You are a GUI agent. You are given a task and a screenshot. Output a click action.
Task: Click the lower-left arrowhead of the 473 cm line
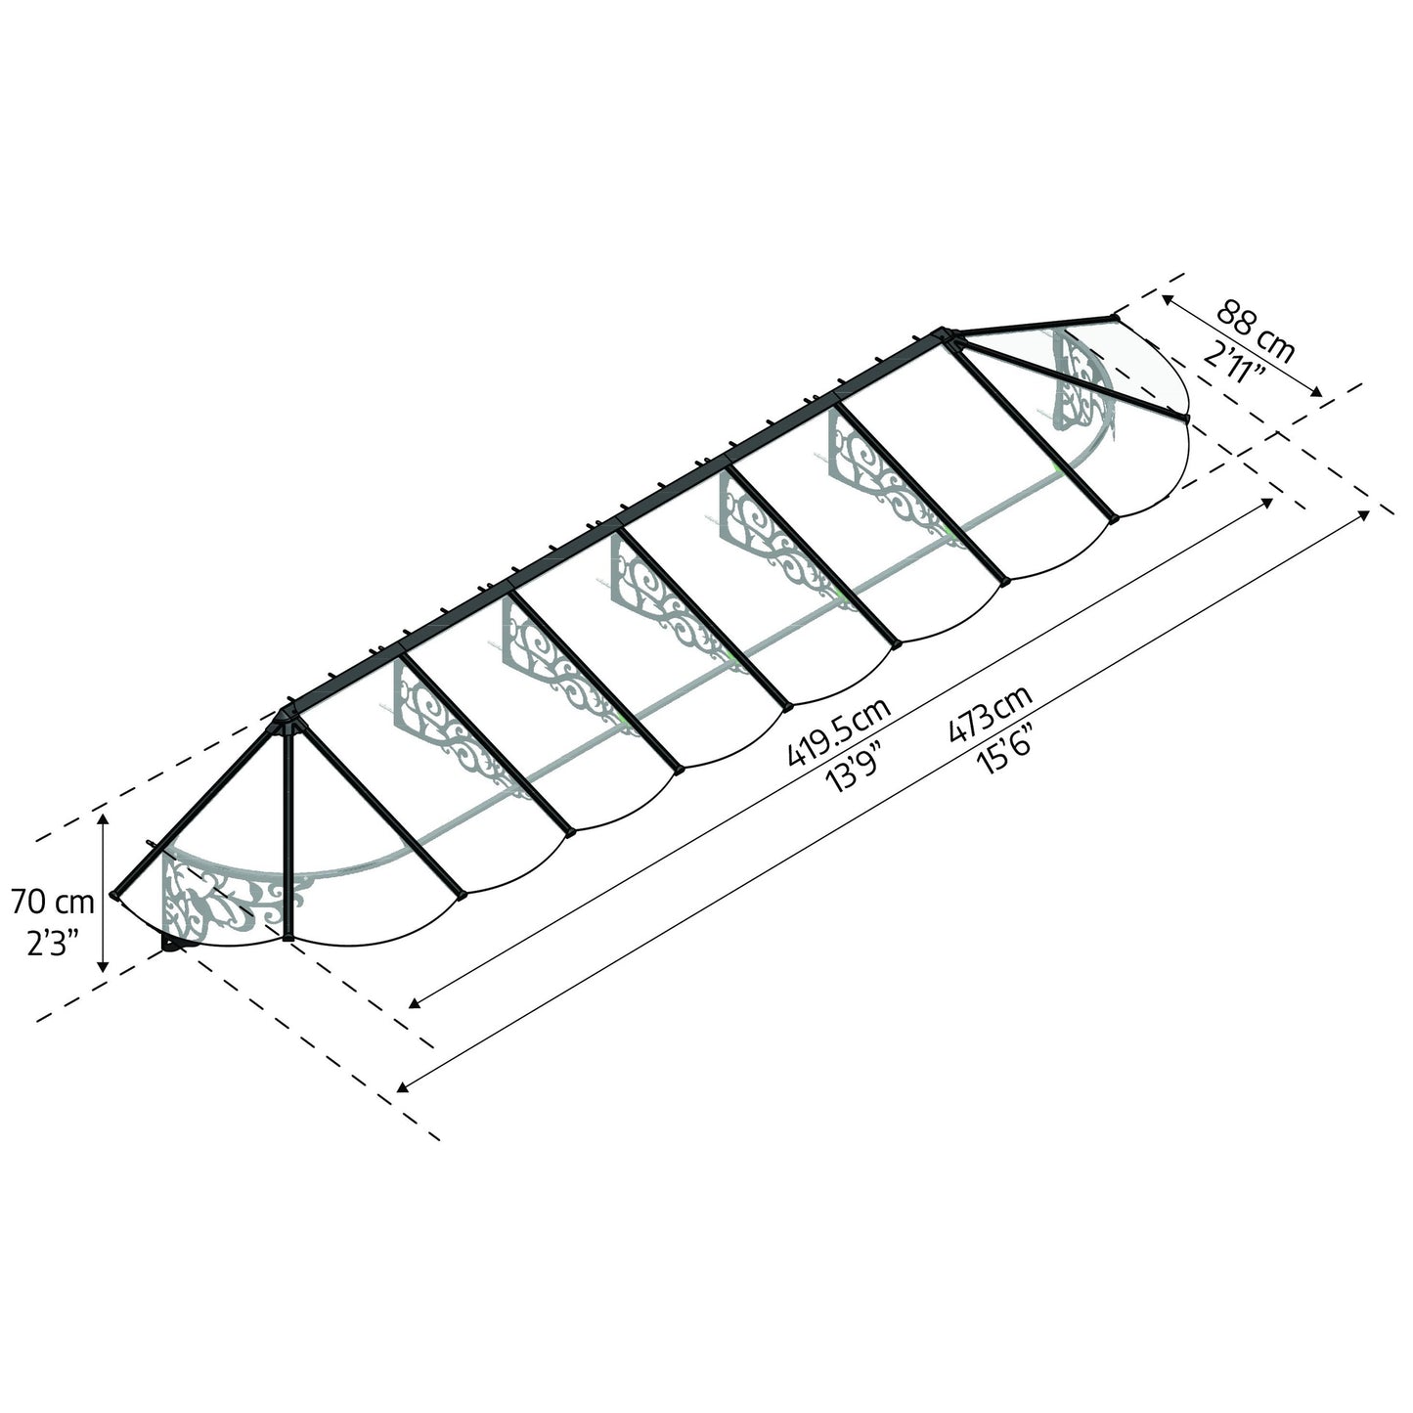click(x=403, y=1086)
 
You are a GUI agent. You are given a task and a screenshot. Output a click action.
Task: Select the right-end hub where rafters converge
click(x=948, y=337)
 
